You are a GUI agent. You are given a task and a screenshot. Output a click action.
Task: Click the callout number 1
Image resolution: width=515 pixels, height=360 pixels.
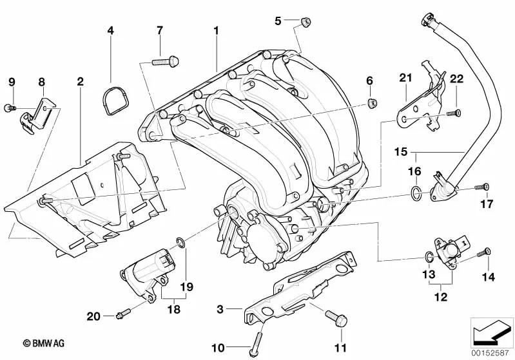pos(217,30)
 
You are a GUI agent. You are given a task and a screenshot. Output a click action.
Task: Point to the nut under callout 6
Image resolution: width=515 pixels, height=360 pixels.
pos(373,102)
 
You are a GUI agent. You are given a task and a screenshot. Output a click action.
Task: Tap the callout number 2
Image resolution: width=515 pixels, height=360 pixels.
pos(81,82)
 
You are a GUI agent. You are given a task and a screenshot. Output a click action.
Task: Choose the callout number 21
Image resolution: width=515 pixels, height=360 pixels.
pos(405,79)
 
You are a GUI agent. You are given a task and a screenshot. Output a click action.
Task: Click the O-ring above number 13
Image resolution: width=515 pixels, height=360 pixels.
pos(429,259)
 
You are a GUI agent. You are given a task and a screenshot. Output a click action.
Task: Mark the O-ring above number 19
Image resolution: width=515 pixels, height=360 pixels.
pos(182,243)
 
